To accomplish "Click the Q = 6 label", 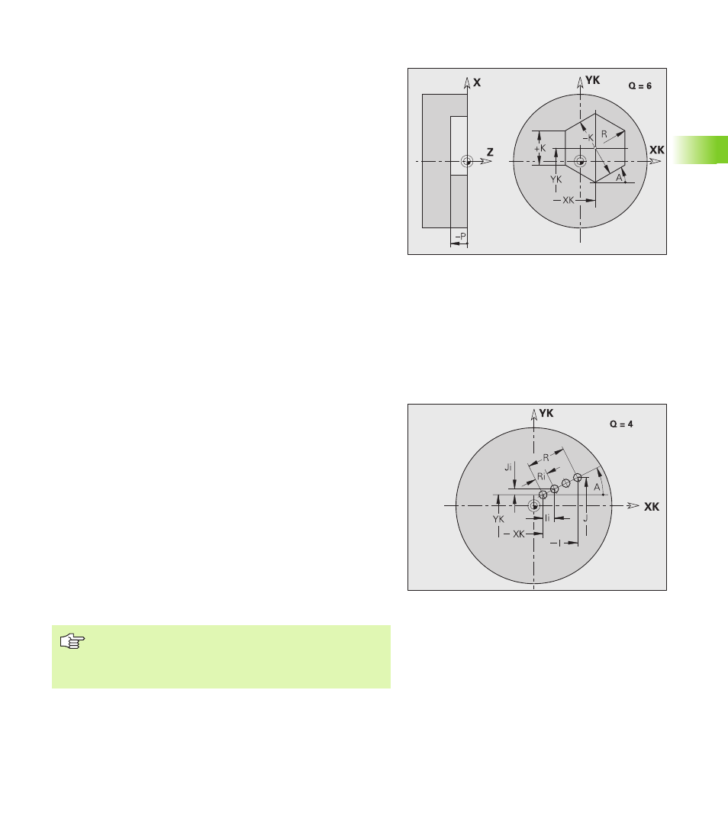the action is (x=639, y=86).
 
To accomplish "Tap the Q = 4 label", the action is (x=621, y=424).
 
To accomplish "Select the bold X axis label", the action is (x=477, y=82).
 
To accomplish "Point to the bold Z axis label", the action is (x=490, y=153).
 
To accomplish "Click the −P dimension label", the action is (x=461, y=236).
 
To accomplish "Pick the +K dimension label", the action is (x=540, y=149).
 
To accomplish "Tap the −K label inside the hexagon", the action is (x=588, y=138).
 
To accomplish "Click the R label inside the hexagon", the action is (x=604, y=134).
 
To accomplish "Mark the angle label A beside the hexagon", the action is (x=619, y=178).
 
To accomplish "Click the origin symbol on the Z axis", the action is (x=466, y=161).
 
